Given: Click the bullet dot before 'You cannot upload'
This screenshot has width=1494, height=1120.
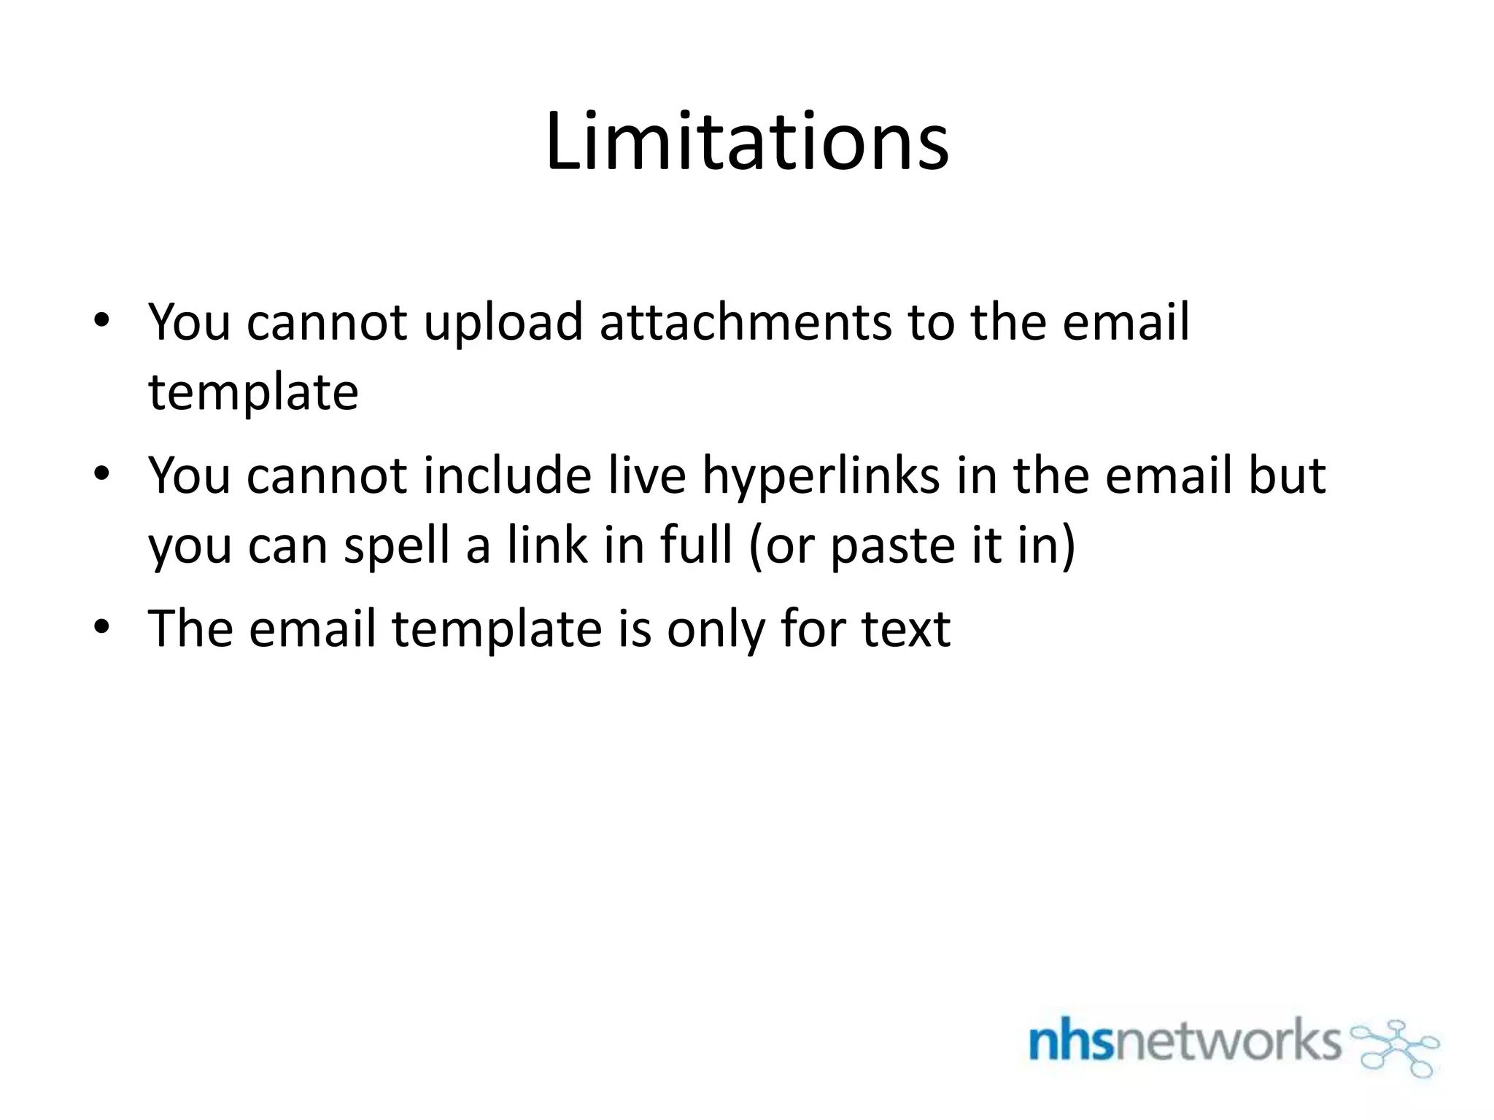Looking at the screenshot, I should [x=101, y=321].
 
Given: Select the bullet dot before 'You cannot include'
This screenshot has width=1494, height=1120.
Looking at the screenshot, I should [x=101, y=475].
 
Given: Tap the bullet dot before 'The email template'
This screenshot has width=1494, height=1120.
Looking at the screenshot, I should [x=101, y=627].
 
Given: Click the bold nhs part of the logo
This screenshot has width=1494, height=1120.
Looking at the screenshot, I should [x=1070, y=1041].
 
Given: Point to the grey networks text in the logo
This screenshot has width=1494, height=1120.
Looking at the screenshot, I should [x=1227, y=1041].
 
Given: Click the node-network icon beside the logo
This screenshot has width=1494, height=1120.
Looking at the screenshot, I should [x=1396, y=1048].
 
